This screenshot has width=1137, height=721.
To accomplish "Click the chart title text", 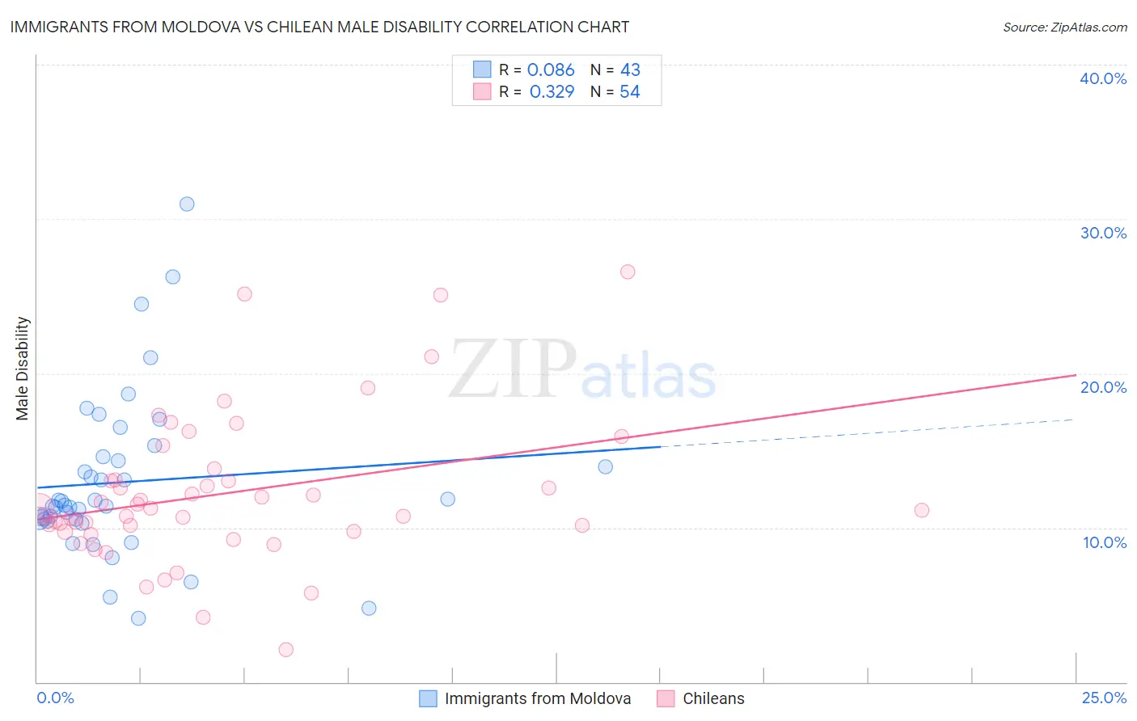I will [x=319, y=27].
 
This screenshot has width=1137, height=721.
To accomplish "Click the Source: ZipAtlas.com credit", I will [x=1064, y=27].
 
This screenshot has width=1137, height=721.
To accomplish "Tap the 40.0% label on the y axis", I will [x=1103, y=78].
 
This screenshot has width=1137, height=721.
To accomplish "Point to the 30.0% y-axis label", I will [x=1103, y=233].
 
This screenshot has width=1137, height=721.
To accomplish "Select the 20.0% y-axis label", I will [x=1103, y=387].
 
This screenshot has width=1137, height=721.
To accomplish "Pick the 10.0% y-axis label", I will [x=1105, y=542].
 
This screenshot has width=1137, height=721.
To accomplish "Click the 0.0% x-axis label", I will [x=55, y=698].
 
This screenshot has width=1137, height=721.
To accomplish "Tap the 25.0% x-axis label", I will [x=1104, y=698].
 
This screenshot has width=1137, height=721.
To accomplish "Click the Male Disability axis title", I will [x=23, y=369].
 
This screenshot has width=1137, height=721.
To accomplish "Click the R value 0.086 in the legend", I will [x=551, y=70].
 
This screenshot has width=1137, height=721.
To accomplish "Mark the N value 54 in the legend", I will [x=629, y=92].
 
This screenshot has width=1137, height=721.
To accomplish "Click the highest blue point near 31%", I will [x=187, y=204].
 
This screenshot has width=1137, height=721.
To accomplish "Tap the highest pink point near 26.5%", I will [x=628, y=272].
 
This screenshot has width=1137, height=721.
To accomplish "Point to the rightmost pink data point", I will [x=922, y=510].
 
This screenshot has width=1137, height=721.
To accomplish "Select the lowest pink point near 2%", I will [x=285, y=649].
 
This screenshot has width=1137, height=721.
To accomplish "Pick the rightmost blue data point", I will [x=606, y=466].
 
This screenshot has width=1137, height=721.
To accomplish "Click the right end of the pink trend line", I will [x=1076, y=375].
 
